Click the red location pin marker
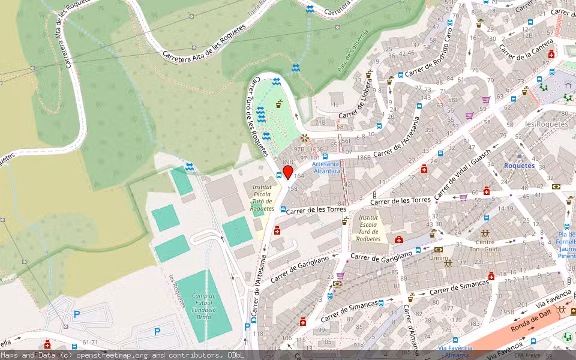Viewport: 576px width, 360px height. [x=287, y=173]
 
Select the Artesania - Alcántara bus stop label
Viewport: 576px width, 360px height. [x=326, y=167]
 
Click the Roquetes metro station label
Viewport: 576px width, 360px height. [x=518, y=166]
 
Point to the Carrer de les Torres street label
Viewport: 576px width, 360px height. [x=312, y=210]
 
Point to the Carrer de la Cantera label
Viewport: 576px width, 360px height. [x=526, y=44]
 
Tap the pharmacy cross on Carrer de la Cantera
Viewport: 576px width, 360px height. [x=551, y=55]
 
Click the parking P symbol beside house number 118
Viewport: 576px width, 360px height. [x=247, y=327]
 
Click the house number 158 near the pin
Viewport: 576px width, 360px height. [x=293, y=188]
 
